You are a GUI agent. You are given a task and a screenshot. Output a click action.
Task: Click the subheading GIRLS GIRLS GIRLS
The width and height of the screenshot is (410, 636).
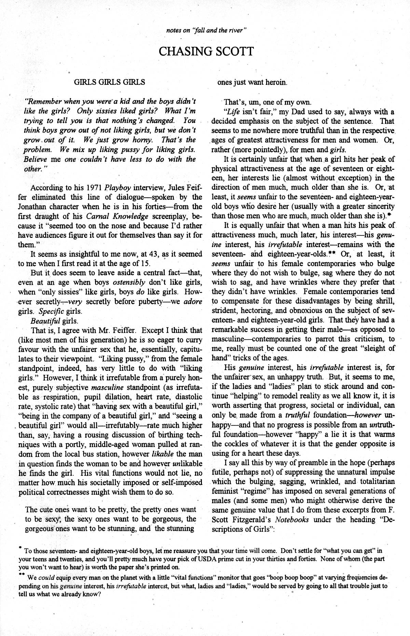click(109, 82)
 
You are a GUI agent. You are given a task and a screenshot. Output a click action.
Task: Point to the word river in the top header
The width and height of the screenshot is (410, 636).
click(237, 30)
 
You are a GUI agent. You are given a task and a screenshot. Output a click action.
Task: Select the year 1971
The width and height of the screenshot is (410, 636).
click(94, 188)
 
